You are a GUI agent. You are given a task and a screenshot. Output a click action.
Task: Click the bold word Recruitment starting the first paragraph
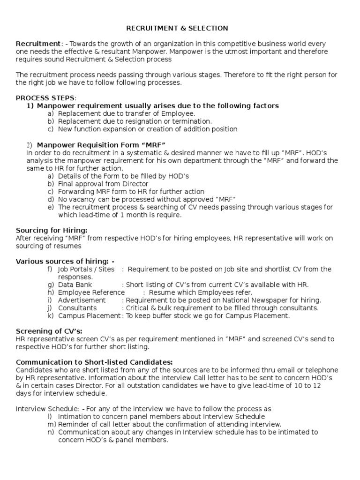tap(38, 43)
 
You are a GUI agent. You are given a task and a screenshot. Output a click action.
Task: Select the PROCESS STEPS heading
tap(45, 97)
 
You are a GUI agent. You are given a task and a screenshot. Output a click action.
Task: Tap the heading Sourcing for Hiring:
tap(52, 230)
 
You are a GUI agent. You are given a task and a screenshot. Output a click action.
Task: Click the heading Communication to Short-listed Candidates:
tap(94, 362)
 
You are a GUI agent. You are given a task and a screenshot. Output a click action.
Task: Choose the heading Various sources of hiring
tap(65, 261)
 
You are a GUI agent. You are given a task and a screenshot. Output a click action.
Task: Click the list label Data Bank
tap(75, 285)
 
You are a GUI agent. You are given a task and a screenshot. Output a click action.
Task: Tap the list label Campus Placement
tap(89, 315)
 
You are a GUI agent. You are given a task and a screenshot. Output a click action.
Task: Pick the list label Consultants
tap(77, 308)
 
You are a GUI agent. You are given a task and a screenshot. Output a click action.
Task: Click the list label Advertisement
tap(82, 300)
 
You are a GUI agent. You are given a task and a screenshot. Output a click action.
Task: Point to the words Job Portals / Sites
tap(86, 269)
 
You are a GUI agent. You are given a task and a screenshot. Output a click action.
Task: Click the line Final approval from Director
tap(103, 184)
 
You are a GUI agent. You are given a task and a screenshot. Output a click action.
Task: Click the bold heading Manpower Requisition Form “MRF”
tap(102, 144)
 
